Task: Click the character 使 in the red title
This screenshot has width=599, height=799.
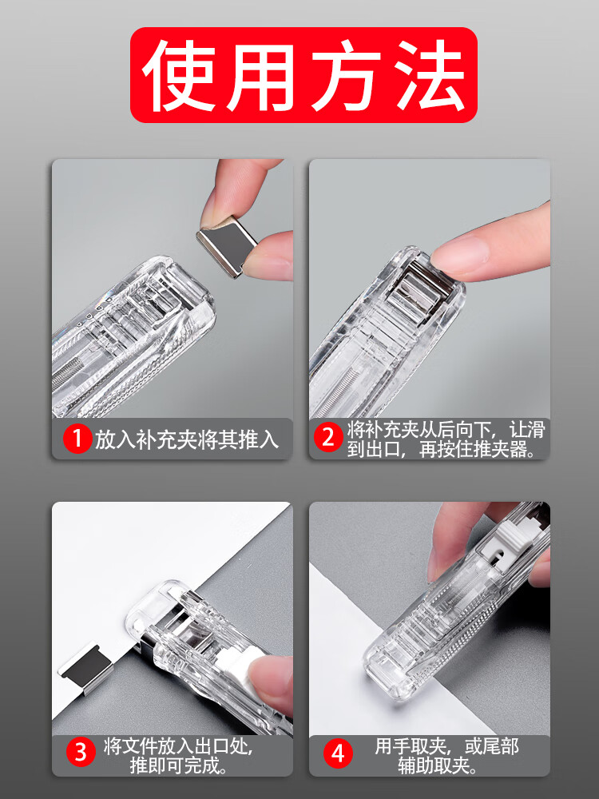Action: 179,75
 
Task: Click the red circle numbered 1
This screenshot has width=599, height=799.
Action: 77,439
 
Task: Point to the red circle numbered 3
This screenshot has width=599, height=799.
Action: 81,752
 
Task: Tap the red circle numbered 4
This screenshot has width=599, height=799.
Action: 338,753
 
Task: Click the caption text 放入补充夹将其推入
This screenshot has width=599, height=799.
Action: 186,439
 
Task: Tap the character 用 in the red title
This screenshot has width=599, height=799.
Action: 262,77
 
